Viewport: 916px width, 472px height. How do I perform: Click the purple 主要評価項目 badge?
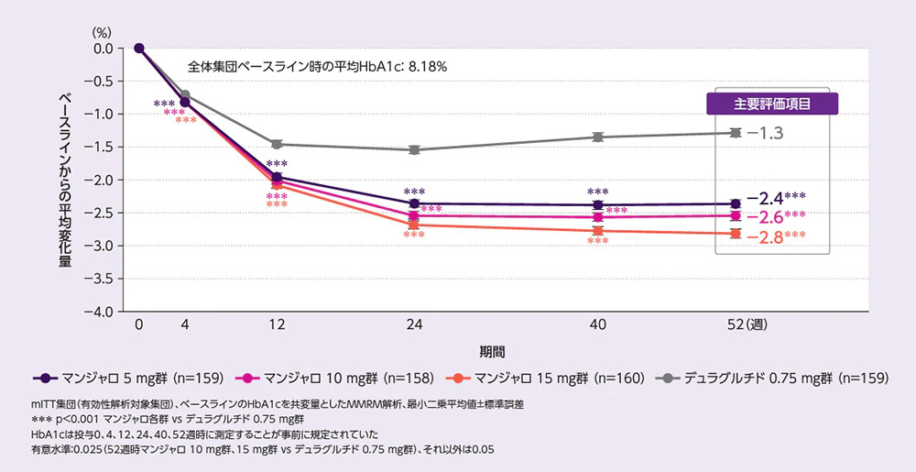click(773, 104)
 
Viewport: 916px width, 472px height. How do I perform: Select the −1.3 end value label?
click(765, 133)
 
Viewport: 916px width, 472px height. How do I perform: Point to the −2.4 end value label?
click(765, 197)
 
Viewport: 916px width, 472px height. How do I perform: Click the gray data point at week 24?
click(414, 149)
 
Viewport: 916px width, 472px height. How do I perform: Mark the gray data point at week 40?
click(598, 137)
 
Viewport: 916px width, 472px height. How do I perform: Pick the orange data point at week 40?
click(598, 231)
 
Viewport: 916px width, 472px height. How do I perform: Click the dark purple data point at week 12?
click(278, 177)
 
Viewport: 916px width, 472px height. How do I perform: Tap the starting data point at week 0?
click(139, 48)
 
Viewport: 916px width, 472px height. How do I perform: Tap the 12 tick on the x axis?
click(278, 325)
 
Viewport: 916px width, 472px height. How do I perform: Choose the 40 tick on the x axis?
click(598, 325)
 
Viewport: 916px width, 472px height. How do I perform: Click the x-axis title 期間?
click(492, 352)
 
